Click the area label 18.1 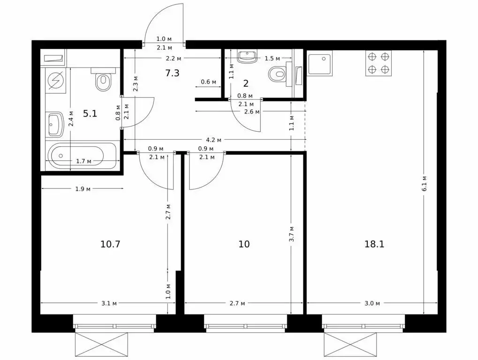[x=374, y=244]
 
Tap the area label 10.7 [x=110, y=244]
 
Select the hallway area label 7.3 [x=172, y=73]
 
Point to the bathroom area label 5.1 [x=90, y=113]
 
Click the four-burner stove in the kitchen [x=379, y=63]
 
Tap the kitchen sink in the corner [x=320, y=64]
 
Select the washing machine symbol [x=56, y=81]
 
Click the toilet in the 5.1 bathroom [x=103, y=80]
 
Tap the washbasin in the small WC [x=247, y=57]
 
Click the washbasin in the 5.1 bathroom [x=55, y=125]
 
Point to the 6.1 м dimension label [x=425, y=183]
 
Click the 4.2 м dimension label [x=214, y=140]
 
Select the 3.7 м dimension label [x=292, y=233]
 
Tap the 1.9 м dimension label [x=83, y=189]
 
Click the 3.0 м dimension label [x=372, y=303]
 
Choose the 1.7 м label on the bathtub [x=83, y=161]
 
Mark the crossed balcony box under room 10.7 [x=101, y=345]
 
